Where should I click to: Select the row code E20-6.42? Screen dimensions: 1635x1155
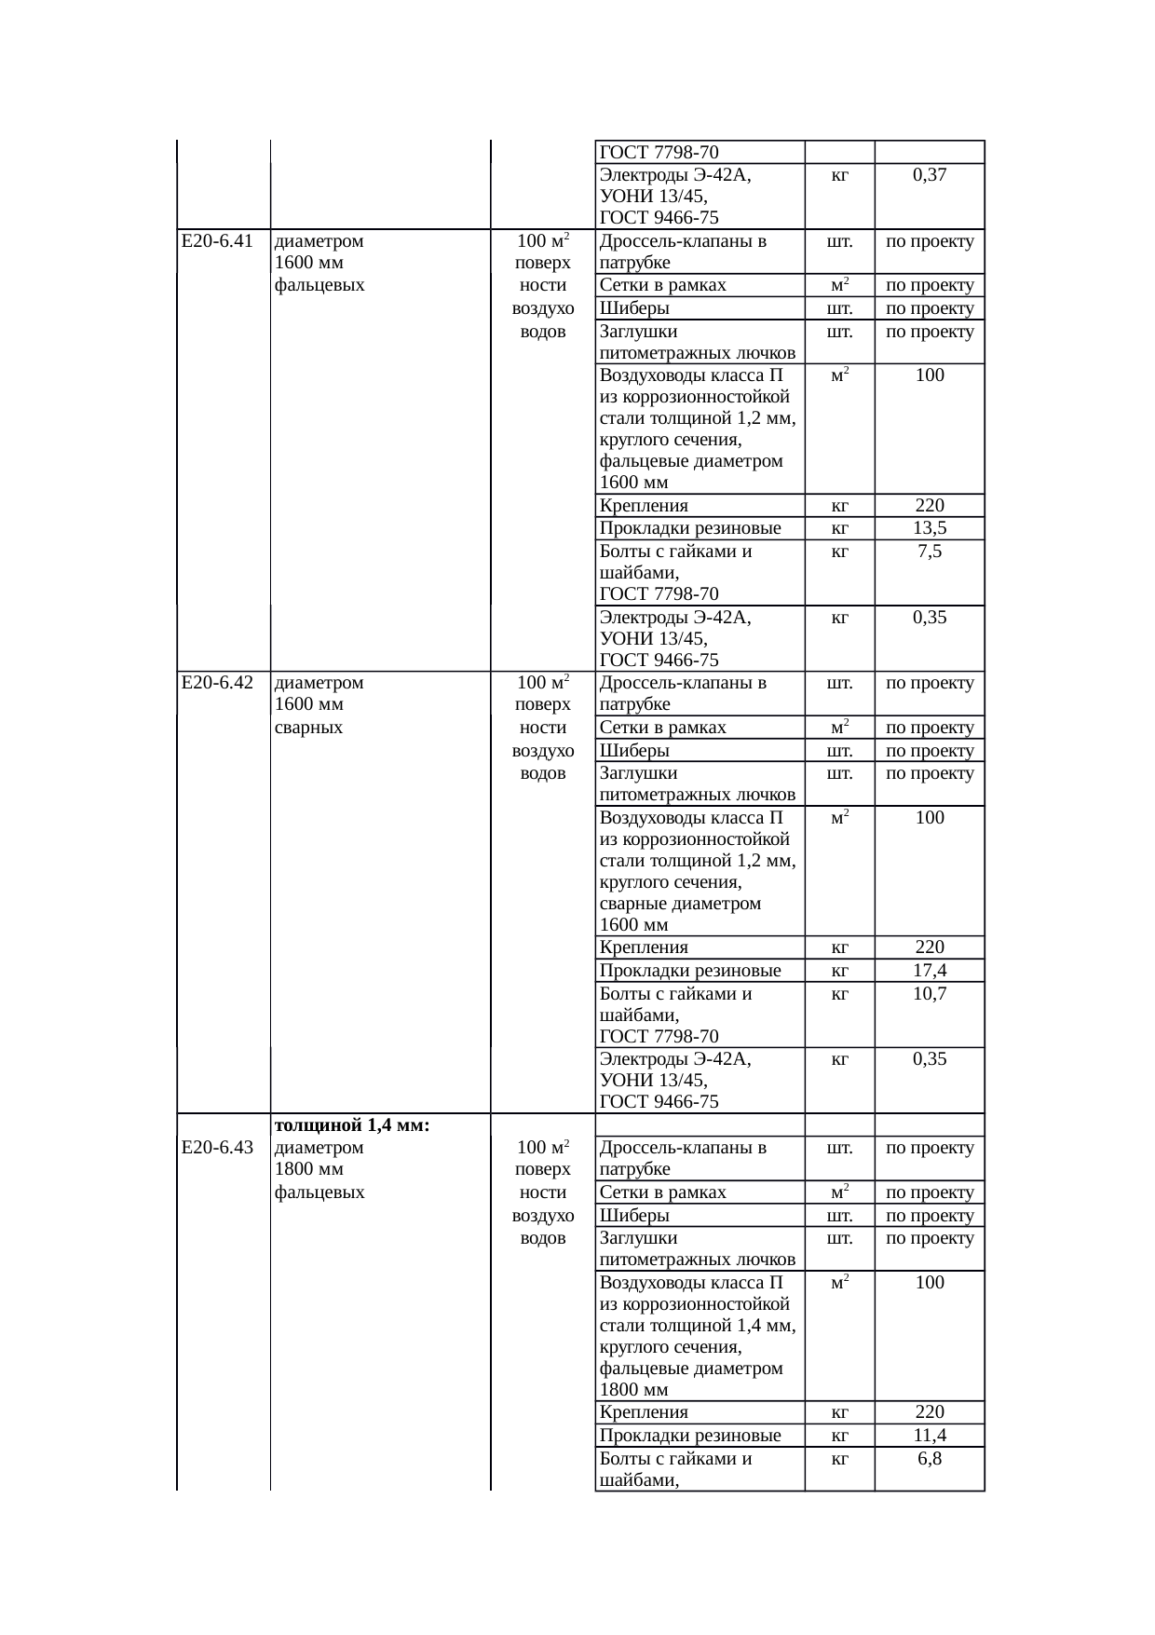pos(217,683)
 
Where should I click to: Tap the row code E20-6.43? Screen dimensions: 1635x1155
pos(217,1148)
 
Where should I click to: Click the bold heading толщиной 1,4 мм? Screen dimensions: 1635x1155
pos(352,1125)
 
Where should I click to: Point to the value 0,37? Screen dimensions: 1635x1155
pos(930,174)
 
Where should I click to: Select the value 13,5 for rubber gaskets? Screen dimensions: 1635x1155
pos(930,528)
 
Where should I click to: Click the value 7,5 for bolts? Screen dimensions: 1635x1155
pos(930,552)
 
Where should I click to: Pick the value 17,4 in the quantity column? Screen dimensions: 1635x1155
pos(930,971)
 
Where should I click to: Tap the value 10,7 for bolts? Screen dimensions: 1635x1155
pos(930,994)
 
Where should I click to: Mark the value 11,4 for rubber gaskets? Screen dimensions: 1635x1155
pos(930,1436)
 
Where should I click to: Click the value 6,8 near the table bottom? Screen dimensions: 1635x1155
pos(930,1459)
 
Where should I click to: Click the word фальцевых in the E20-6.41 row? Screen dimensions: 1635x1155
pos(319,286)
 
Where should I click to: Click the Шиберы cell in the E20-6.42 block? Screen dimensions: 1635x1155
pos(634,751)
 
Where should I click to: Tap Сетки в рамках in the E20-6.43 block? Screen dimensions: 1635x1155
pos(662,1192)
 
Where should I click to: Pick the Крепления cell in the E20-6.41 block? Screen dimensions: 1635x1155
pos(644,506)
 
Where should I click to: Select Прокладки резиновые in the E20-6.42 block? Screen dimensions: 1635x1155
pos(690,971)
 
